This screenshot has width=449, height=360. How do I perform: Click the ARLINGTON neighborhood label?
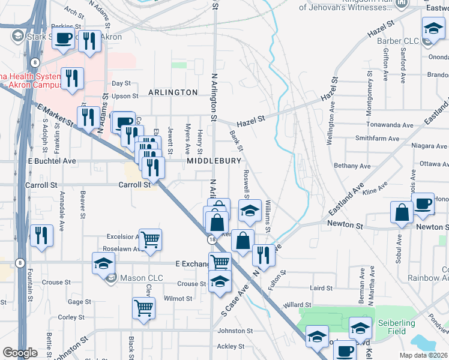coord(173,92)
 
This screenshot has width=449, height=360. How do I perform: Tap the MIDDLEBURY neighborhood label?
coord(214,161)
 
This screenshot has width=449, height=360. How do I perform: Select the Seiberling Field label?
coord(396,327)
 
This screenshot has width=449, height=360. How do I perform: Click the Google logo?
coord(20,353)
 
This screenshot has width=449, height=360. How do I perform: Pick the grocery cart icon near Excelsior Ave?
coord(150,239)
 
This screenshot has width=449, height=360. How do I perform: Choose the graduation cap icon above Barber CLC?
coord(433,28)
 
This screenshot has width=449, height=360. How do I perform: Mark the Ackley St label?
coord(227,346)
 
